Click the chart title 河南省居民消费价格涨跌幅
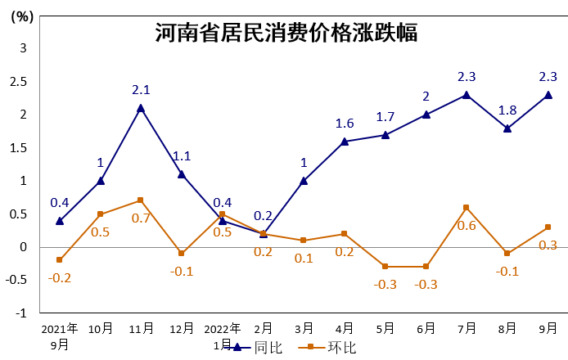pyautogui.click(x=286, y=34)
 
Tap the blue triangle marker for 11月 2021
pyautogui.click(x=141, y=108)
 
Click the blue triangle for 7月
pyautogui.click(x=467, y=95)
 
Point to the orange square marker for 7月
pyautogui.click(x=467, y=208)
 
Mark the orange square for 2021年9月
pyautogui.click(x=60, y=260)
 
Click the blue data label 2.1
pyautogui.click(x=141, y=90)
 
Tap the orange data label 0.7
pyautogui.click(x=141, y=218)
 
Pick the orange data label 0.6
pyautogui.click(x=467, y=225)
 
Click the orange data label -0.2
pyautogui.click(x=60, y=277)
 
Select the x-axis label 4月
pyautogui.click(x=345, y=329)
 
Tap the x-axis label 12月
pyautogui.click(x=182, y=329)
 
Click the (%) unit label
pyautogui.click(x=22, y=17)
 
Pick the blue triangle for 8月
pyautogui.click(x=507, y=128)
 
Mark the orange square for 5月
pyautogui.click(x=385, y=267)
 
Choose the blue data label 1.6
pyautogui.click(x=345, y=124)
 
